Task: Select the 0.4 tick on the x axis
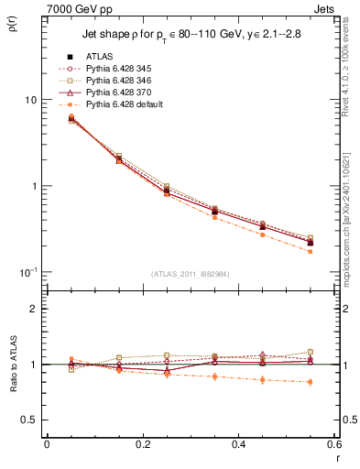tap(239, 443)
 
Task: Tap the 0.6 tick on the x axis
tap(334, 443)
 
